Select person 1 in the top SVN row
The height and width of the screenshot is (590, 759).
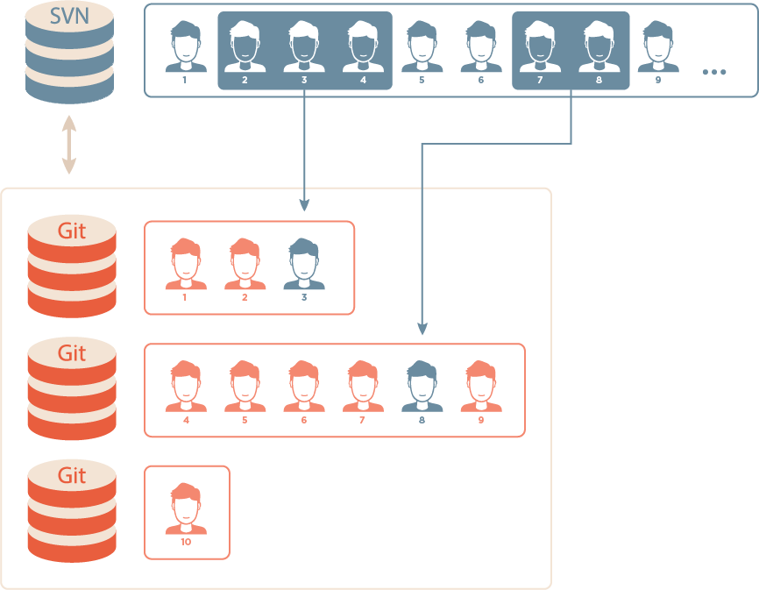pyautogui.click(x=186, y=48)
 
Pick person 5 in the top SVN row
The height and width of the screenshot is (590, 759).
pyautogui.click(x=422, y=48)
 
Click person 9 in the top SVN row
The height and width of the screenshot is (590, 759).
pyautogui.click(x=657, y=48)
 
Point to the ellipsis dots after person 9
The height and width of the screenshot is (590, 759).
pyautogui.click(x=714, y=71)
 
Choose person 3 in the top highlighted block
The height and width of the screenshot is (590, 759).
pyautogui.click(x=304, y=48)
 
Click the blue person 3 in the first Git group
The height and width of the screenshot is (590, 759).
pyautogui.click(x=304, y=264)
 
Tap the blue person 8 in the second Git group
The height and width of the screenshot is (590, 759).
pyautogui.click(x=422, y=387)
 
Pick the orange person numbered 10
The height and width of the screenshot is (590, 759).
pyautogui.click(x=186, y=508)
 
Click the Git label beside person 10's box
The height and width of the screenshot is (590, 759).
pyautogui.click(x=72, y=475)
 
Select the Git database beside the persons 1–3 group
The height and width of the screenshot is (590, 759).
pyautogui.click(x=72, y=266)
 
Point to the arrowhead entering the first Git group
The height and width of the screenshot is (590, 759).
pyautogui.click(x=304, y=206)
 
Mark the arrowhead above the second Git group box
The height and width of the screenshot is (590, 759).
pyautogui.click(x=422, y=330)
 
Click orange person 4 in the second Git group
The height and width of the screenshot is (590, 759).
pyautogui.click(x=186, y=387)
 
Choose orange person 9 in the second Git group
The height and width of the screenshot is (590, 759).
pyautogui.click(x=481, y=387)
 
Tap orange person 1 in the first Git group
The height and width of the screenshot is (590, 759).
pyautogui.click(x=186, y=264)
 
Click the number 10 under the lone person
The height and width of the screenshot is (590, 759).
pyautogui.click(x=186, y=542)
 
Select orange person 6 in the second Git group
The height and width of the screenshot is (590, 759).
pyautogui.click(x=304, y=387)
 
